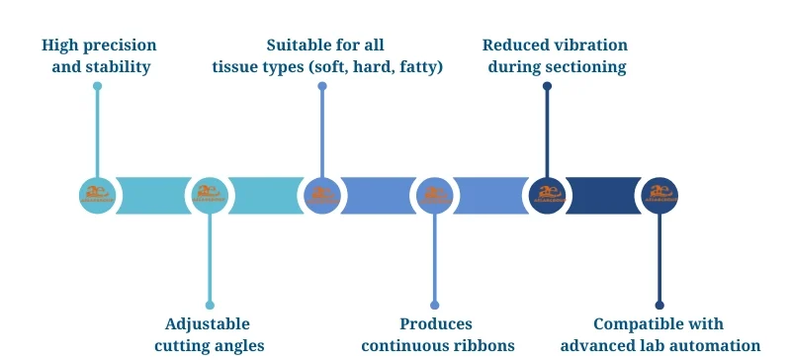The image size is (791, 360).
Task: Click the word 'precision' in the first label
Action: pos(121,45)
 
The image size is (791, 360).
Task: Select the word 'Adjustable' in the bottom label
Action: pos(208,323)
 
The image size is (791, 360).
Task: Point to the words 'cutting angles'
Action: pos(209,345)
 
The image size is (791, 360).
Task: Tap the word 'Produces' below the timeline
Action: pos(436,323)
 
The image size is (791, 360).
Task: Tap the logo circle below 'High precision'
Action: pos(97,195)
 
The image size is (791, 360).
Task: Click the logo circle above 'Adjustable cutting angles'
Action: pos(210,195)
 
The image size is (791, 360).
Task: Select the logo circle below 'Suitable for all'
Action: pos(321,195)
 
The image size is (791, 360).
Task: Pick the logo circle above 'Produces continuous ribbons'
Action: pos(434,195)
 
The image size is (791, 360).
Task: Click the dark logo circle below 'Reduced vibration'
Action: pos(547,195)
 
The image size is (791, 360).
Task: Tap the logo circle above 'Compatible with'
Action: pos(659,195)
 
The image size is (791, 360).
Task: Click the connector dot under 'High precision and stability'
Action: pos(97,86)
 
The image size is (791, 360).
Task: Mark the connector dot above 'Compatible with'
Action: pos(659,305)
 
